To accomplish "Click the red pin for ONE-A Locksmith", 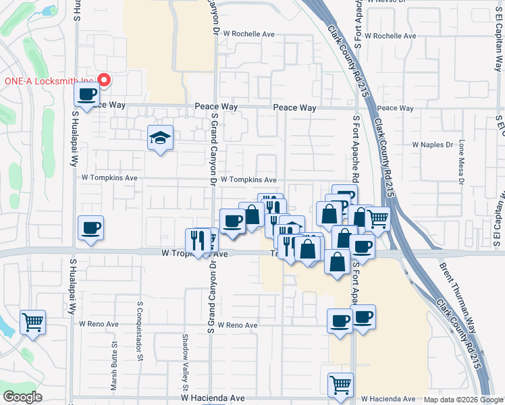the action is coord(104,80).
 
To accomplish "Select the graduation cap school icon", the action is coord(160,138).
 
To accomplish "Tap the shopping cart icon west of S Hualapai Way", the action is coord(32,322).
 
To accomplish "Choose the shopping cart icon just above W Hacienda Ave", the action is coord(341,385).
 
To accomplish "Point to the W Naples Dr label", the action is coord(432,144).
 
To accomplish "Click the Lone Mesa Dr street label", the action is coord(462,162).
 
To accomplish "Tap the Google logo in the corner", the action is coord(23,397).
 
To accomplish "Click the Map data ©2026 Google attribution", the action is coord(463,400).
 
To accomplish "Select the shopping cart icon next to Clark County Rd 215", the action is coord(378,218).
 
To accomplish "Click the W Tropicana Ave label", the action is coord(196,254).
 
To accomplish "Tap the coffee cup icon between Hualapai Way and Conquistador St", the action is coord(90,227).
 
